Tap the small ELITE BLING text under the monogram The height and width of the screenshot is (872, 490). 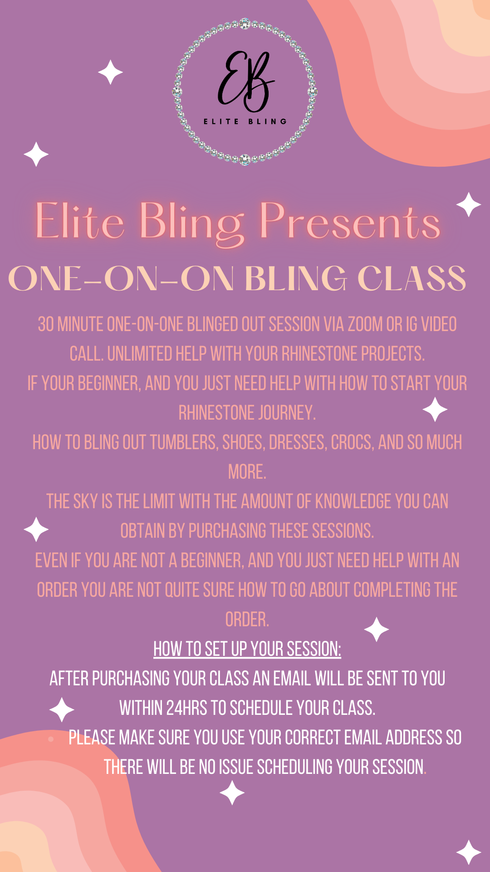[245, 121]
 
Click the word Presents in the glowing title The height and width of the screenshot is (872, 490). [350, 222]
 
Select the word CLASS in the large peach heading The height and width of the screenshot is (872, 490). [412, 278]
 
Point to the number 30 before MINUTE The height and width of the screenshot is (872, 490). [46, 324]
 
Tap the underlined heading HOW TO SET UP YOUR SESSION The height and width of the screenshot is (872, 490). [247, 649]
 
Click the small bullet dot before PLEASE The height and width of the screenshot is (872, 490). [51, 739]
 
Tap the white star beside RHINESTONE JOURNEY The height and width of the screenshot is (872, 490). [435, 409]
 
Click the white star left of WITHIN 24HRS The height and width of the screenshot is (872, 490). [62, 709]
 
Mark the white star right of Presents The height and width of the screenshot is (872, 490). [469, 205]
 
